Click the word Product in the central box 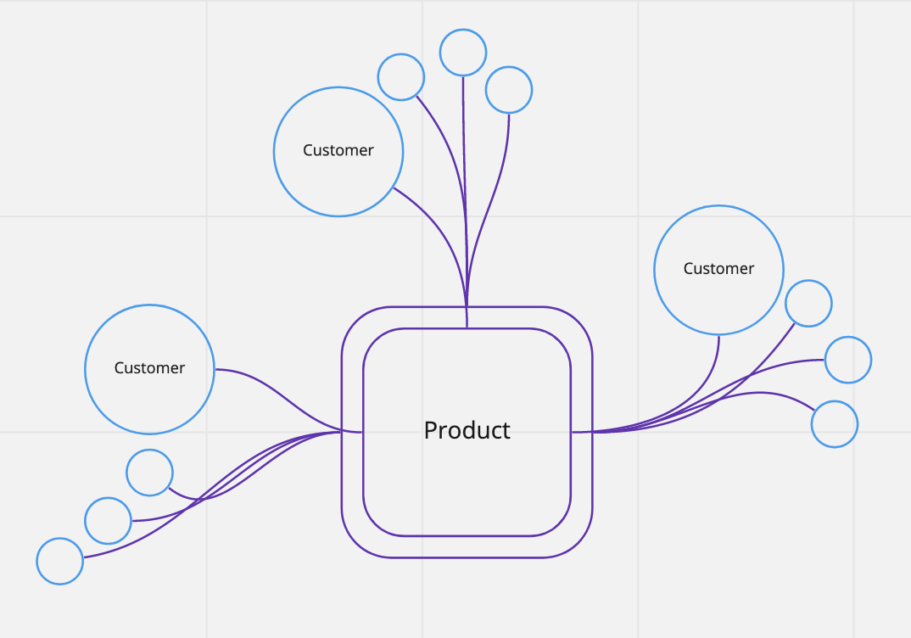click(467, 430)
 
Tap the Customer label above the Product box click(338, 150)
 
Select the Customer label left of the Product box click(149, 368)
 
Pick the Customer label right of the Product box click(718, 269)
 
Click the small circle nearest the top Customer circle click(400, 77)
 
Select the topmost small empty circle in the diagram click(463, 53)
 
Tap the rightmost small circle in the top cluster click(509, 89)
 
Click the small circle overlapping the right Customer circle click(808, 303)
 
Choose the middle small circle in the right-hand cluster click(848, 360)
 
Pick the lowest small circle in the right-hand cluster click(835, 424)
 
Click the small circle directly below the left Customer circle click(149, 473)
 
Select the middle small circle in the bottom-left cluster click(109, 521)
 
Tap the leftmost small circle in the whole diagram click(60, 561)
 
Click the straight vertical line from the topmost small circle click(464, 170)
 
